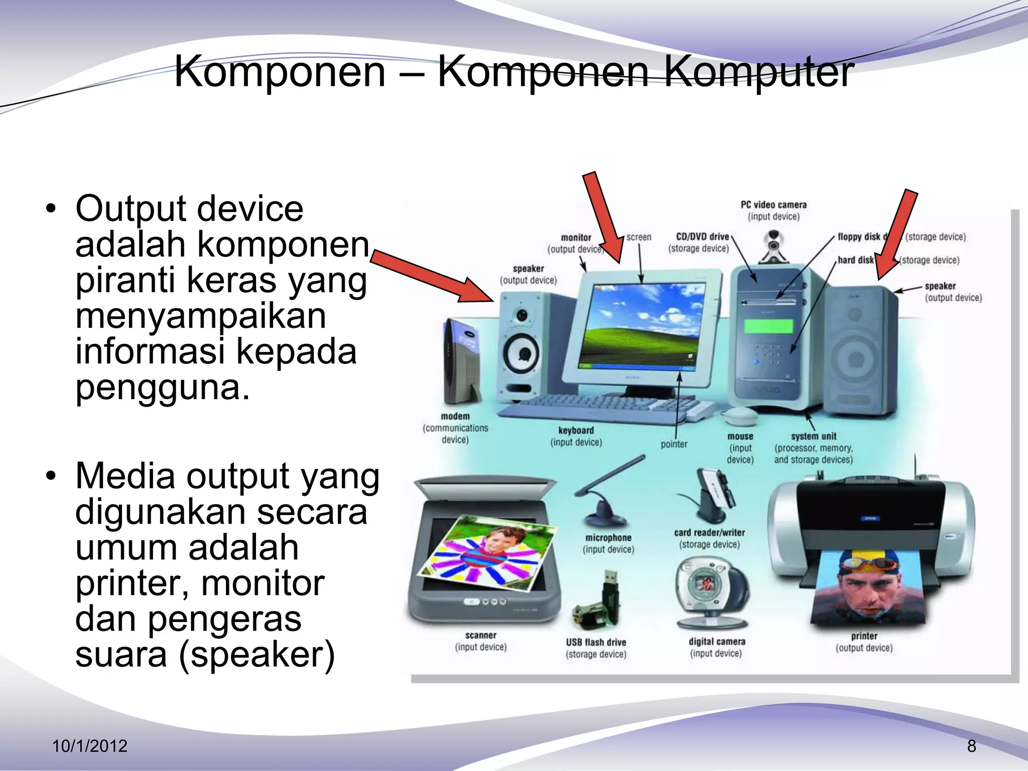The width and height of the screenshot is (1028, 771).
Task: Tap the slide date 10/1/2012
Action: pos(90,746)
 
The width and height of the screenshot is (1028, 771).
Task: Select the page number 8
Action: pos(972,746)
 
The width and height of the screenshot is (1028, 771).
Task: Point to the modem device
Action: pos(461,361)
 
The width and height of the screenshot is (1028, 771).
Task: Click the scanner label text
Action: pos(480,635)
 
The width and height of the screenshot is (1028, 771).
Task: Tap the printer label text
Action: pos(864,636)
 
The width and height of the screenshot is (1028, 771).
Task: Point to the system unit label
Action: pos(814,437)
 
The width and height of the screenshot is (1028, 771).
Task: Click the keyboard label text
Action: pos(576,431)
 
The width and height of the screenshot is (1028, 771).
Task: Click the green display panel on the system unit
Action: pos(768,327)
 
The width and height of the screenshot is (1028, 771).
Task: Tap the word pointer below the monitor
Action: pos(674,444)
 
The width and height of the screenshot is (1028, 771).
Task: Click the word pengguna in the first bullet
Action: pos(162,388)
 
